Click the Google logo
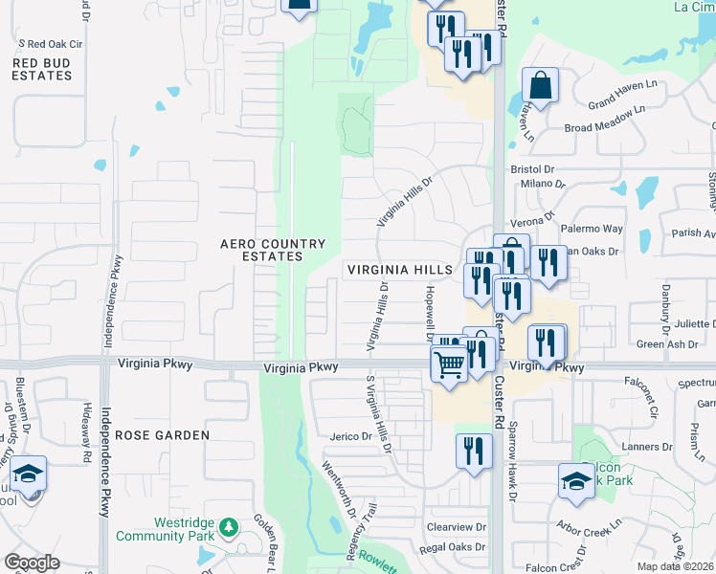click(33, 563)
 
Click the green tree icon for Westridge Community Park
click(228, 526)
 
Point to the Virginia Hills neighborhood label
click(399, 271)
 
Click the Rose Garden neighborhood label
click(162, 435)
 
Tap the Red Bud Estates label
click(42, 68)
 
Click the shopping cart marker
click(449, 364)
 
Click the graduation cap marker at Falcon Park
click(576, 480)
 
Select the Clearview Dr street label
click(458, 527)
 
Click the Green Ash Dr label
click(662, 344)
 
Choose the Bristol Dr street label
click(532, 168)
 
